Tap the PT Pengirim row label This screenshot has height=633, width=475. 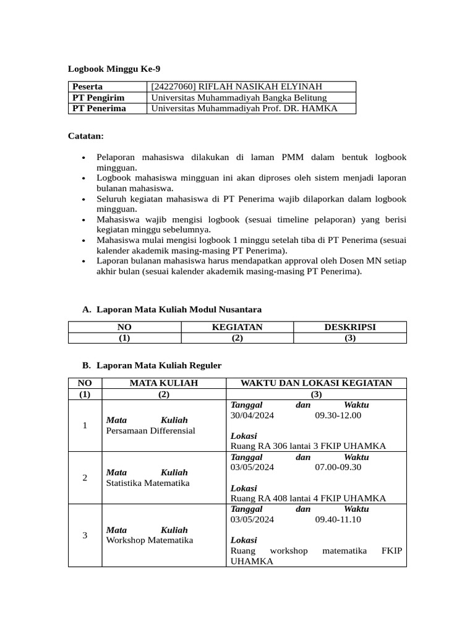[98, 98]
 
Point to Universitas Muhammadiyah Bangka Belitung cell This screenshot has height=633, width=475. [239, 98]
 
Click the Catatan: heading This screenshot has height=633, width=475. [85, 135]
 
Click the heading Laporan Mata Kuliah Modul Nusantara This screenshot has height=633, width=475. [179, 309]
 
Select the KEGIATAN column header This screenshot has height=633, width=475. [237, 327]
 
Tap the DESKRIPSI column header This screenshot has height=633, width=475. [349, 327]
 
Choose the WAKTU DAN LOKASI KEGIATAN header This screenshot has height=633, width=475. [316, 383]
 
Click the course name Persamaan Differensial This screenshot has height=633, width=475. [150, 430]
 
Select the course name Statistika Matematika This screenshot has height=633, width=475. [148, 483]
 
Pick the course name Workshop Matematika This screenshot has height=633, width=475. [149, 540]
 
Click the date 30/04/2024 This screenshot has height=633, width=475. [252, 415]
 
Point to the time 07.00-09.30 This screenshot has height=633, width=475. [338, 467]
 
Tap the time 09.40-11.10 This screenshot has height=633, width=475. [338, 519]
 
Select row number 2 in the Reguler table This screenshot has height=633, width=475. [84, 477]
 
